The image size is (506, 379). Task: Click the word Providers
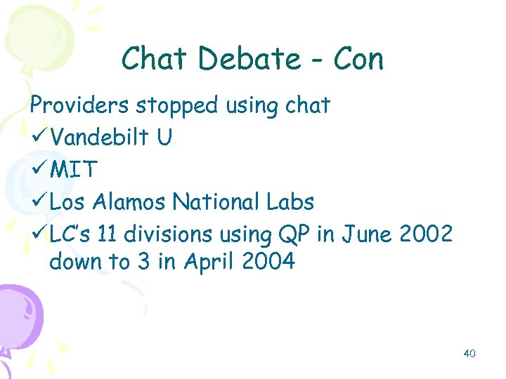point(79,105)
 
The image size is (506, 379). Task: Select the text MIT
point(73,170)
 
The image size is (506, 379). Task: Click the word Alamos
point(131,202)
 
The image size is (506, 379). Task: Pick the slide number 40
point(469,354)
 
